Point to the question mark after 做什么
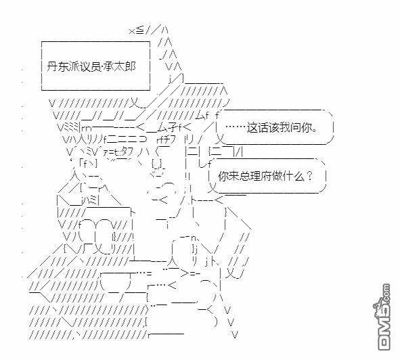(x=309, y=175)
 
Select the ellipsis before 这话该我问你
(x=236, y=127)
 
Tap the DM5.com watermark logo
(x=384, y=317)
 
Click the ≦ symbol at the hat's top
(x=140, y=31)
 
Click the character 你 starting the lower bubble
(x=223, y=176)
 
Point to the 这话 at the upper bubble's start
(x=257, y=127)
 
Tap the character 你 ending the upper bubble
(x=306, y=127)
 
